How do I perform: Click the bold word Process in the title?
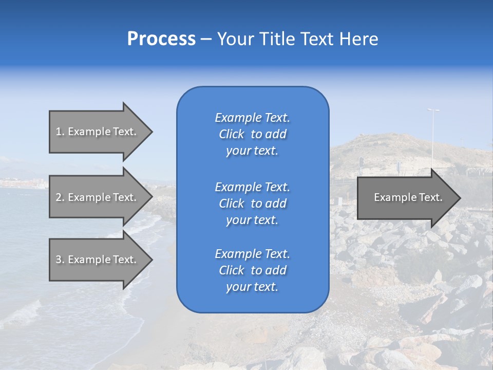pos(161,39)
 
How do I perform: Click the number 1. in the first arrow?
pos(60,132)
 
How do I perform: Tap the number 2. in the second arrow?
pos(60,197)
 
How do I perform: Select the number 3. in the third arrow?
pos(60,260)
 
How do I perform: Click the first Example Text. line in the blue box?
pos(252,118)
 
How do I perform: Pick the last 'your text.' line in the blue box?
pos(252,287)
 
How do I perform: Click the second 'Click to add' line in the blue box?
pos(252,203)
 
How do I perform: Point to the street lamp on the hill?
pos(433,110)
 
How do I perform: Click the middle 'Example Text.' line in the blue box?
pos(252,187)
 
